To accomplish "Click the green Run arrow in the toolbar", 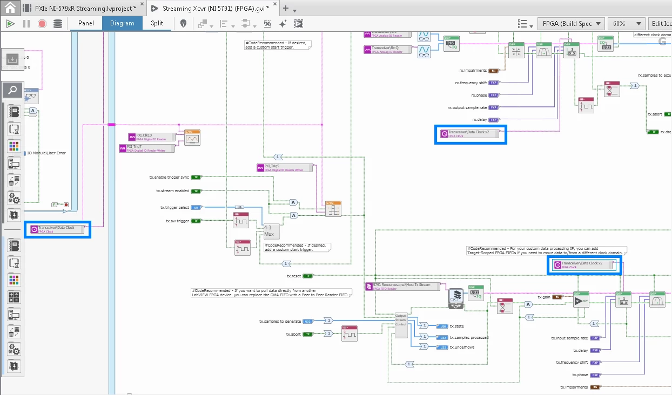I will click(x=10, y=23).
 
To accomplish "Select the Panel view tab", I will click(x=86, y=23).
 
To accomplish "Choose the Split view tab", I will click(x=157, y=23).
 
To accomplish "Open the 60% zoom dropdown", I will click(x=626, y=24).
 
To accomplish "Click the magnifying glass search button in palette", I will click(x=13, y=90).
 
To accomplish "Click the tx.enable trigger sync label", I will click(x=169, y=177).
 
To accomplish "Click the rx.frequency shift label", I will click(x=471, y=83).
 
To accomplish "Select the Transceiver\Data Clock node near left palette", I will click(x=57, y=229).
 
